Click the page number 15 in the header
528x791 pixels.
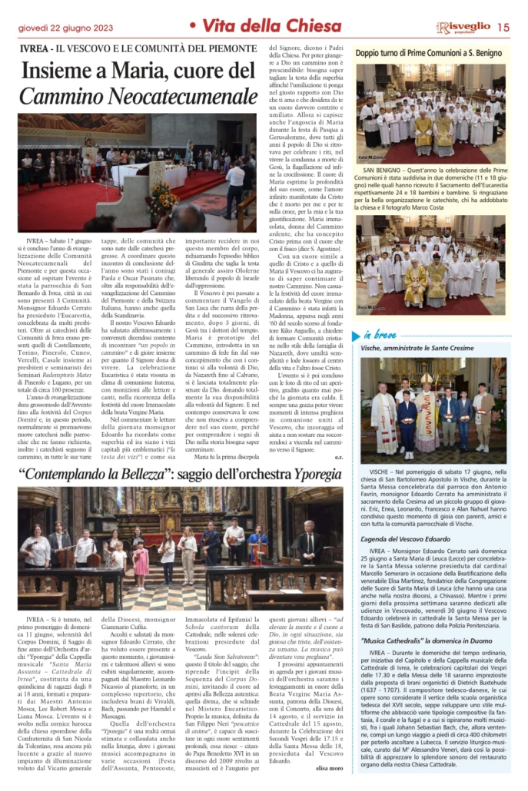[503, 28]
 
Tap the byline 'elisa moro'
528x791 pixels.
[330, 769]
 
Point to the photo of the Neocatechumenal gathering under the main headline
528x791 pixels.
[133, 173]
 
